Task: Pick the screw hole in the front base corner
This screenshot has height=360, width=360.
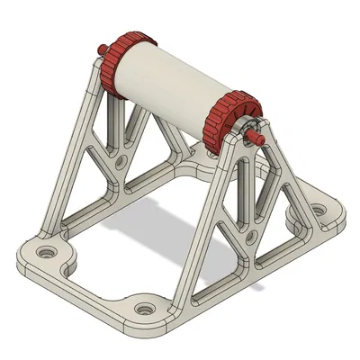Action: pos(142,309)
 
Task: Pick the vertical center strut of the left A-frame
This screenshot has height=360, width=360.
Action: pos(114,126)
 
